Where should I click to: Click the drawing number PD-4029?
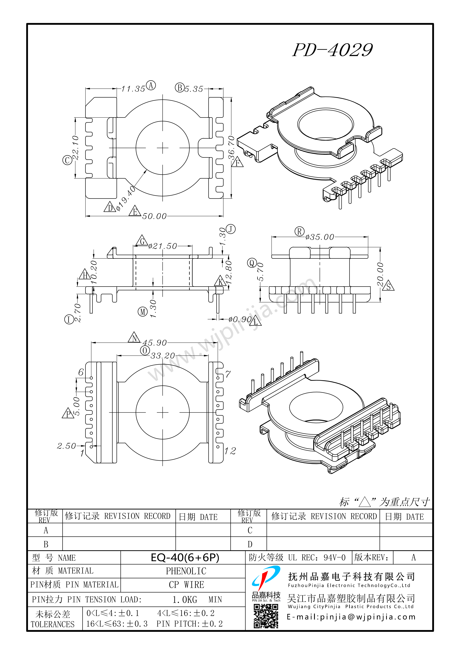[x=333, y=50]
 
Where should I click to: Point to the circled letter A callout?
[x=151, y=85]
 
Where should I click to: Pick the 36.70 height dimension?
[x=231, y=148]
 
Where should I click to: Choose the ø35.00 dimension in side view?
[x=320, y=237]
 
